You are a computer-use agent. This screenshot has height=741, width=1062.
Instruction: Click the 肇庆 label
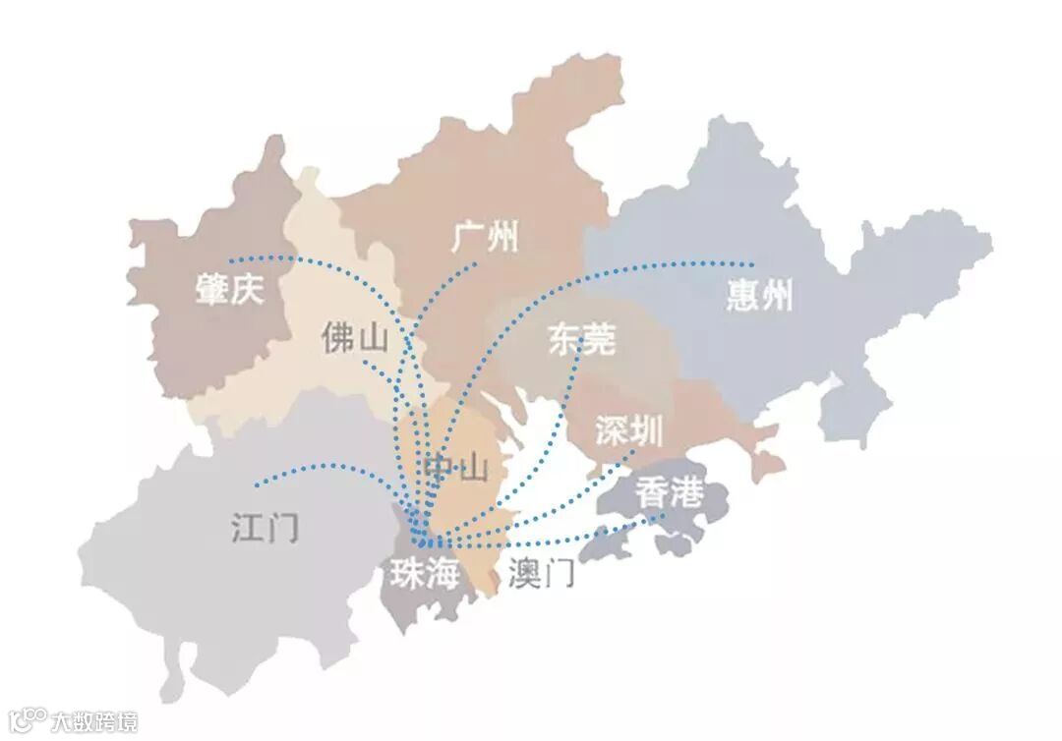pos(229,289)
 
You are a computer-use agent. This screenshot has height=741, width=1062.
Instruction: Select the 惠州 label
pos(759,295)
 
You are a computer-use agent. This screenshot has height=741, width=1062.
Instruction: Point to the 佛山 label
pos(354,338)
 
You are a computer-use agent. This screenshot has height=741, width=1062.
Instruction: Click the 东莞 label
pos(581,340)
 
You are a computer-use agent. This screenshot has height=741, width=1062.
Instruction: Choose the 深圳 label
pos(629,430)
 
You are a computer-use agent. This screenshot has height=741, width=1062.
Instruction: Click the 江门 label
pos(265,528)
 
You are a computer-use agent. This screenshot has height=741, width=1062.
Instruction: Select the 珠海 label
pos(425,575)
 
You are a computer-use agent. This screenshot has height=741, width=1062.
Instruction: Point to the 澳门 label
pos(542,573)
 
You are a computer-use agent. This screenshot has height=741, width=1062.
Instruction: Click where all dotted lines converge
pos(423,540)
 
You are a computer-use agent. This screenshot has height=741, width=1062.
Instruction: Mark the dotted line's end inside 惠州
pos(752,264)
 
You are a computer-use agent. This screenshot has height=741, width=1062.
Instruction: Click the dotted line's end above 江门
pos(256,484)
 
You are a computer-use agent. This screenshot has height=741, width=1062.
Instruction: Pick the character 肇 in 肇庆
pos(211,289)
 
